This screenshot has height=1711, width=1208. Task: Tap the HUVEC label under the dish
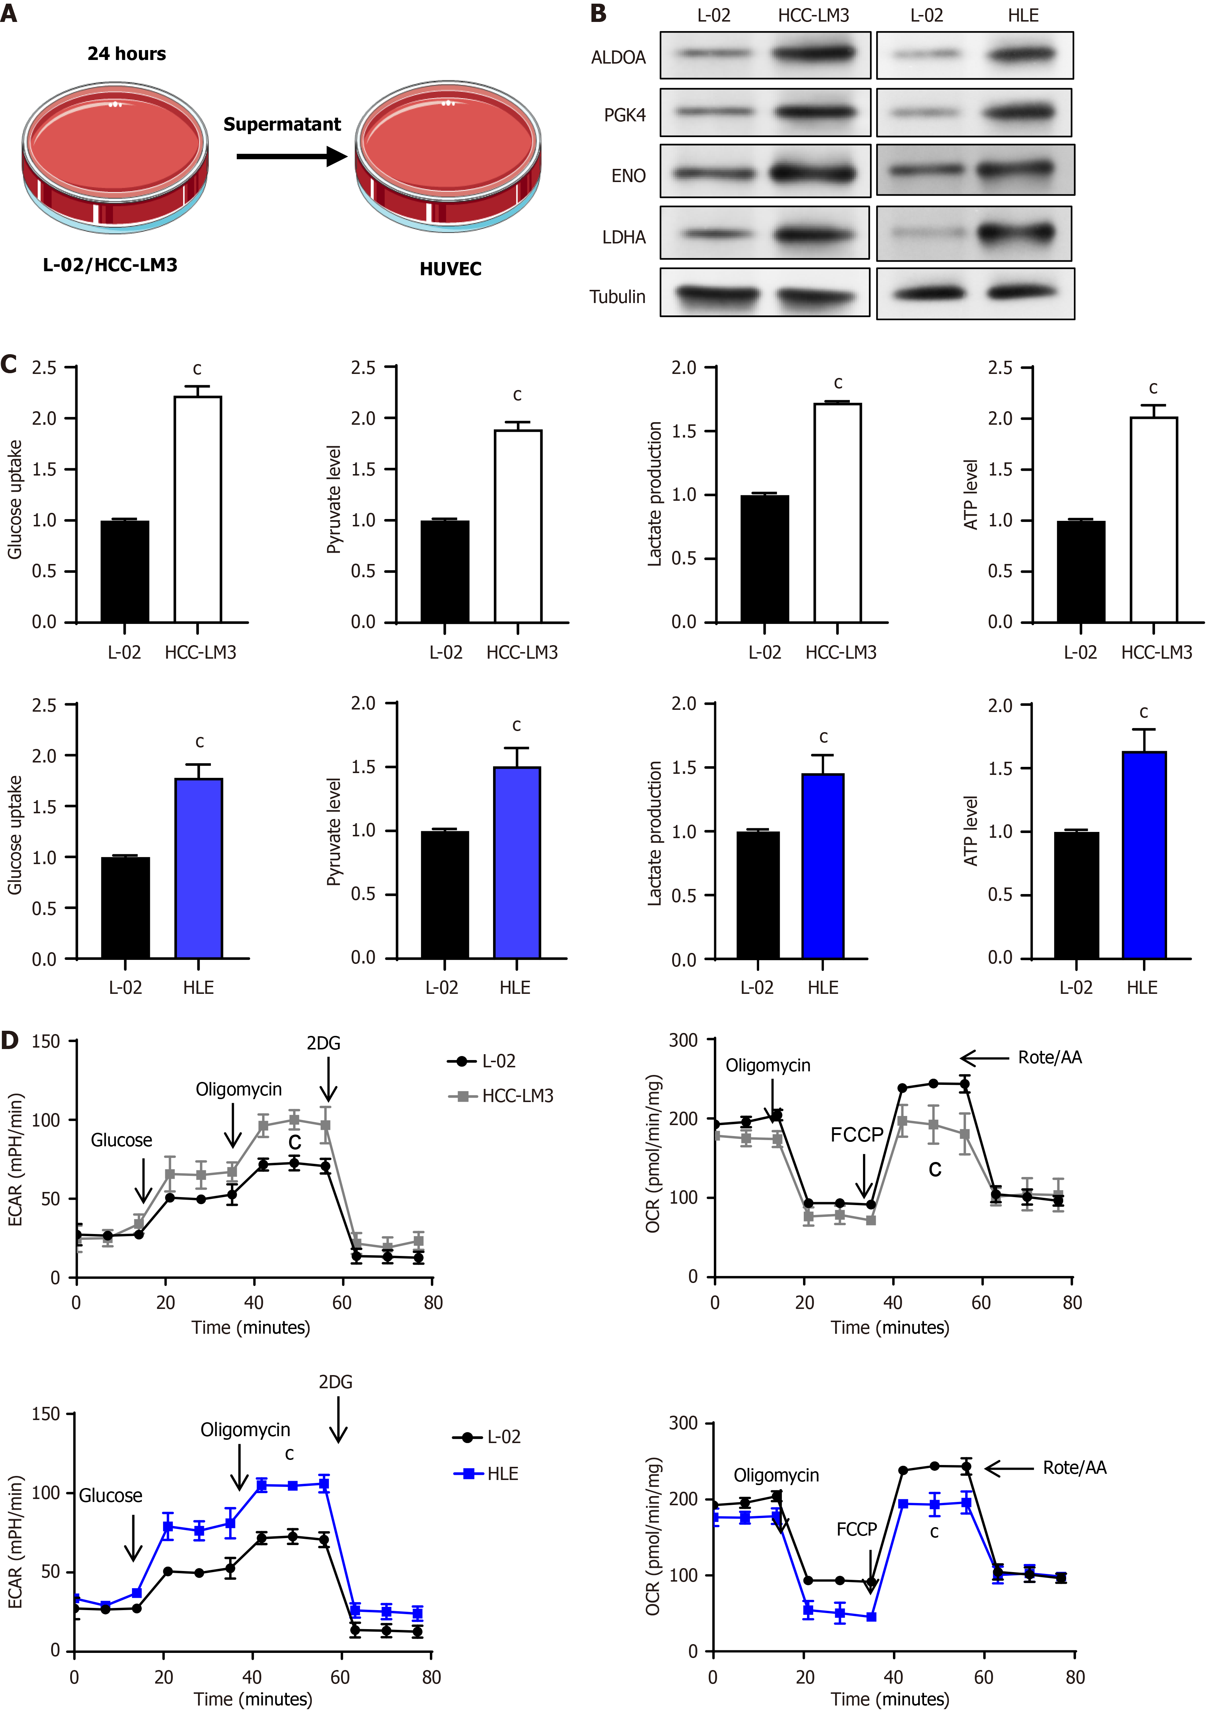click(x=450, y=269)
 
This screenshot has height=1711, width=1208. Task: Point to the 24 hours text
click(x=127, y=54)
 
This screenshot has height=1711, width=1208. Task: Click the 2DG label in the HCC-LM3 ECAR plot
click(x=323, y=1043)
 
